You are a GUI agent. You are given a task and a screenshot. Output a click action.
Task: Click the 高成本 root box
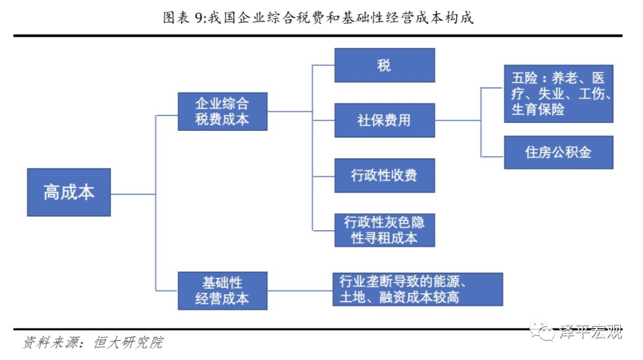68,192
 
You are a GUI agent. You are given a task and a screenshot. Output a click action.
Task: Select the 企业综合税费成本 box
222,111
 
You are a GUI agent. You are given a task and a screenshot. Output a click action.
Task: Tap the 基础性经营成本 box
222,290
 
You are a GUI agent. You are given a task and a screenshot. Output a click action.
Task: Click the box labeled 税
384,65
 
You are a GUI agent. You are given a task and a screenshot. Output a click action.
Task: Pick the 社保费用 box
384,120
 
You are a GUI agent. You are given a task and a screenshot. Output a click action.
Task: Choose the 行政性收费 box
384,176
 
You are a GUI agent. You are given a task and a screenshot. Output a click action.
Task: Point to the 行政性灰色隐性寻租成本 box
384,230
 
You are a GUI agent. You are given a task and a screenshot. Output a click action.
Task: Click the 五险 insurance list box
558,94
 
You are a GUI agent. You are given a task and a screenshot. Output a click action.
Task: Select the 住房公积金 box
558,152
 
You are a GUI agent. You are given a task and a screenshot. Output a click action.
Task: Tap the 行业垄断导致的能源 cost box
417,289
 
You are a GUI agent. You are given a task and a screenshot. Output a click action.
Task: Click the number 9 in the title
199,18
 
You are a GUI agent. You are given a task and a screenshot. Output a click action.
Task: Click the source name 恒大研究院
127,343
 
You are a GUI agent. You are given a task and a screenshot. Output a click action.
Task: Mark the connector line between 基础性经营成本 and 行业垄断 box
299,290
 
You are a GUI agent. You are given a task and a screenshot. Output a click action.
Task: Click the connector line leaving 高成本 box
133,194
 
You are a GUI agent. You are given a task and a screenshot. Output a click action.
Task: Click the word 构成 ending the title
461,18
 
